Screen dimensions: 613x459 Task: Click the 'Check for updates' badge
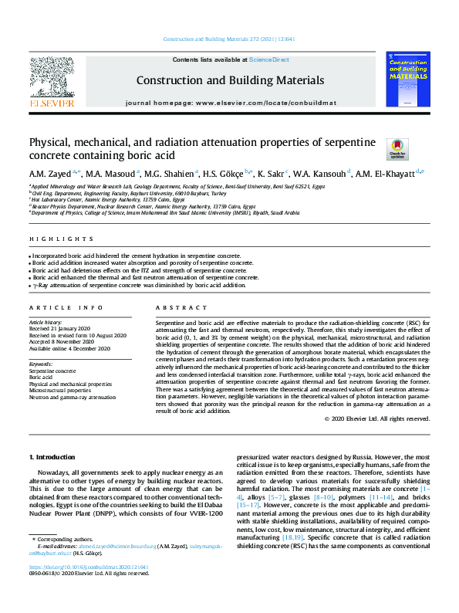pyautogui.click(x=375, y=148)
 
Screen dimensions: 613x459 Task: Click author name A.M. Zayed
pyautogui.click(x=49, y=173)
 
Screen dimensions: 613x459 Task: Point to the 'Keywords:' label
pyautogui.click(x=41, y=363)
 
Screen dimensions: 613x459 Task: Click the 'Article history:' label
pyautogui.click(x=46, y=321)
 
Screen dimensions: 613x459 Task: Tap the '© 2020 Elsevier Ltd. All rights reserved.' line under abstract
pyautogui.click(x=376, y=418)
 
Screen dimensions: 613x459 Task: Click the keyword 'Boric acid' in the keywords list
pyautogui.click(x=42, y=378)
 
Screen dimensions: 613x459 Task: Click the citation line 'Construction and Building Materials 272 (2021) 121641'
pyautogui.click(x=230, y=39)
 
